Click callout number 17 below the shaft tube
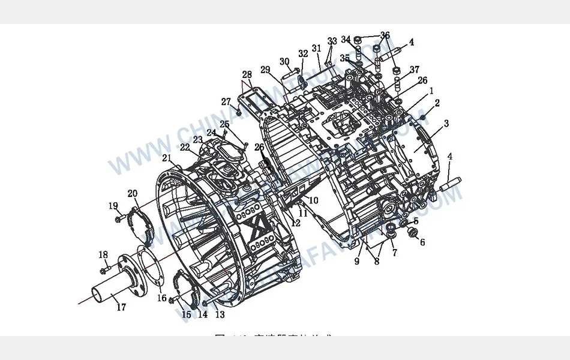click(x=121, y=307)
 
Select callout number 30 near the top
click(x=284, y=62)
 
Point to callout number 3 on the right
click(x=446, y=124)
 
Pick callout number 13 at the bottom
click(x=220, y=314)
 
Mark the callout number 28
click(x=247, y=75)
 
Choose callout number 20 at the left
click(x=133, y=193)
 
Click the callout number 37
click(x=414, y=70)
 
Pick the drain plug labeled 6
click(x=412, y=231)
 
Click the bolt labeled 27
click(x=238, y=112)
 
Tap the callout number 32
click(x=303, y=54)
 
